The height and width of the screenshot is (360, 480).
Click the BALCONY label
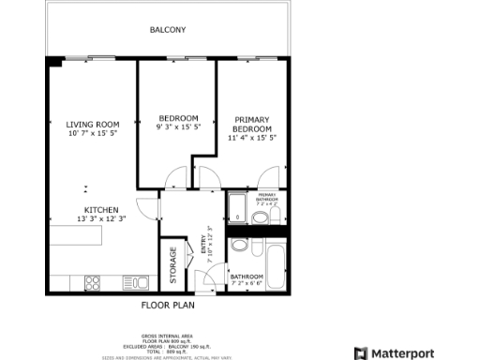pos(168,30)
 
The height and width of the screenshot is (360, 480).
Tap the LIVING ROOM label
pos(92,125)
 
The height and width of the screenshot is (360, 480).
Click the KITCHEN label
pos(100,209)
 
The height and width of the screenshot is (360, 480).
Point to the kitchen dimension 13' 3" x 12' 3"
pos(100,219)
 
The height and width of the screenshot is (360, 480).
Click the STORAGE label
pos(172,266)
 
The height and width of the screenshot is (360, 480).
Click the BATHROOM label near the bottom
pos(247,277)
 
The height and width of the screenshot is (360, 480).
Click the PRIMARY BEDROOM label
pos(251,124)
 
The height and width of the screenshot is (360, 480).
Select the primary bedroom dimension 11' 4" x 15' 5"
pos(251,138)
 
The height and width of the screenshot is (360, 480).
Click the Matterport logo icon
pos(361,353)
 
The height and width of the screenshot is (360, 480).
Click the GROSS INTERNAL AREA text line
pos(168,335)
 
